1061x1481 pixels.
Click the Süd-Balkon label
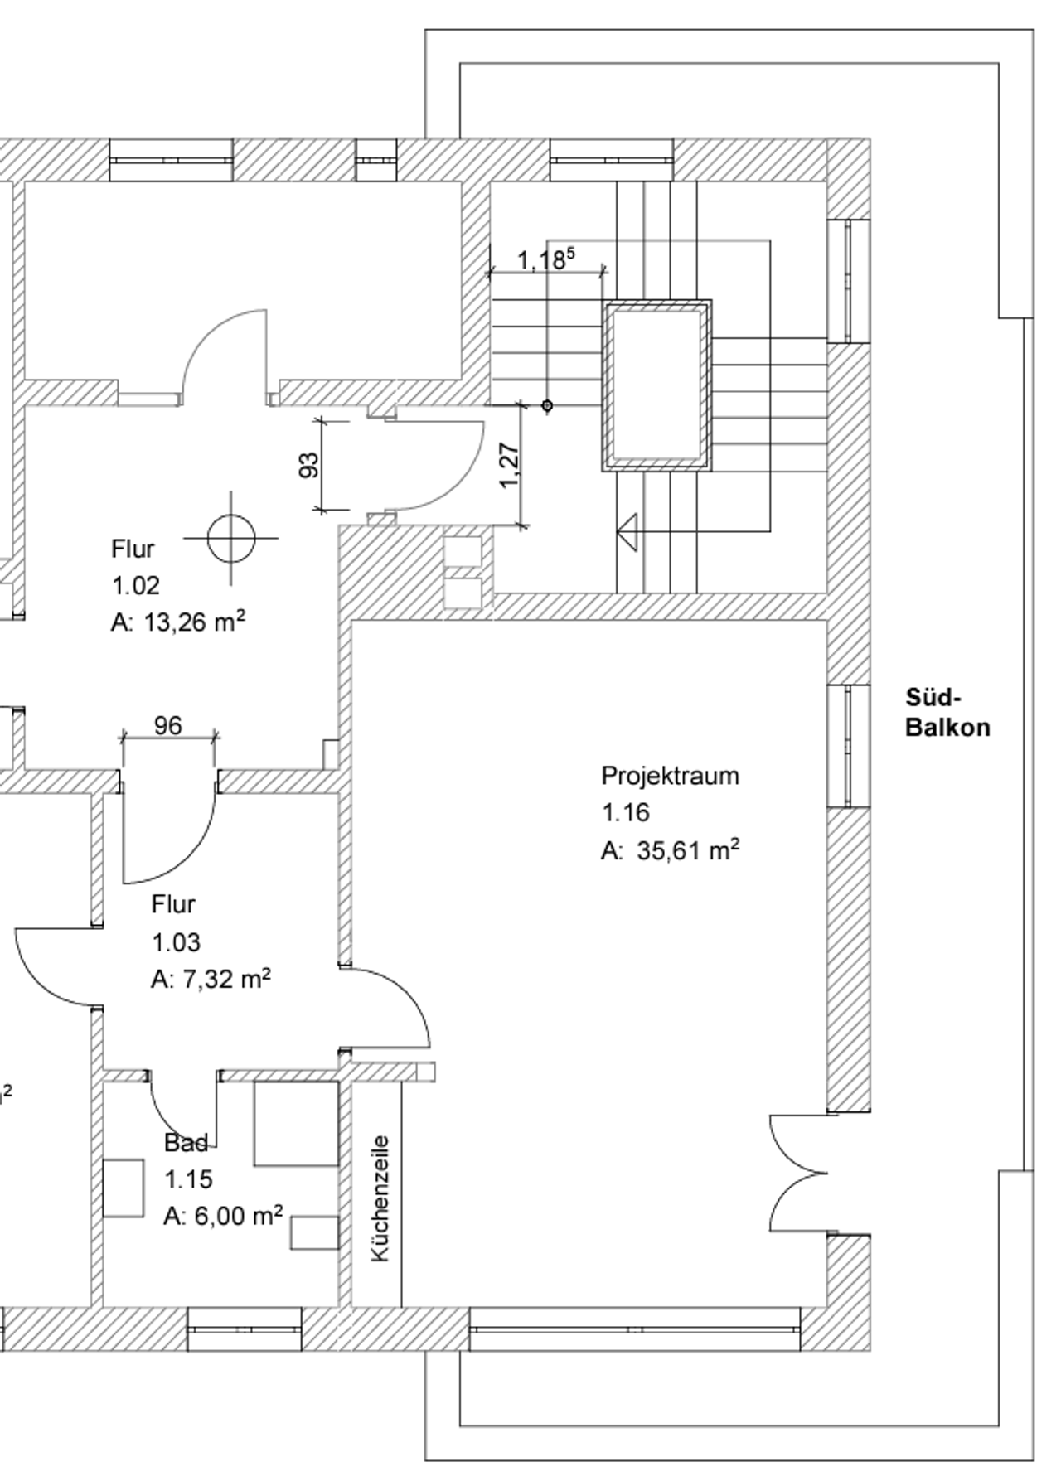coord(947,712)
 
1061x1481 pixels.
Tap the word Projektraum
coord(669,776)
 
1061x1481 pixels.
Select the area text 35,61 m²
coord(687,850)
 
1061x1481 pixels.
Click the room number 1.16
coord(625,813)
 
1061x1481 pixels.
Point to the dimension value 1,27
coord(510,466)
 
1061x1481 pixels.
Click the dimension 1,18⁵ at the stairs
coord(545,260)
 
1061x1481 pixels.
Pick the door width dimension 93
coord(308,465)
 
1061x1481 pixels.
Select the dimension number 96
coord(167,726)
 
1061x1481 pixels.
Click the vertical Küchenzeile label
coord(380,1198)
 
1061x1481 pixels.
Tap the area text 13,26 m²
coord(194,622)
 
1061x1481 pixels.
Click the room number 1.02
coord(135,585)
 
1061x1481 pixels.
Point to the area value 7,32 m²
coord(225,979)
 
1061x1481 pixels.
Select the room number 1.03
coord(175,942)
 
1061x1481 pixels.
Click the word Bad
coord(185,1143)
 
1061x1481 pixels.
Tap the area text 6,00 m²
coord(238,1216)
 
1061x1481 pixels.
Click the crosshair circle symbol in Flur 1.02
coord(230,538)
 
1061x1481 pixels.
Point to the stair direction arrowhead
coord(627,531)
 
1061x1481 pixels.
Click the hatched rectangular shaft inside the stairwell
coord(656,385)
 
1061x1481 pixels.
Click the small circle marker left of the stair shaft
coord(547,405)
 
